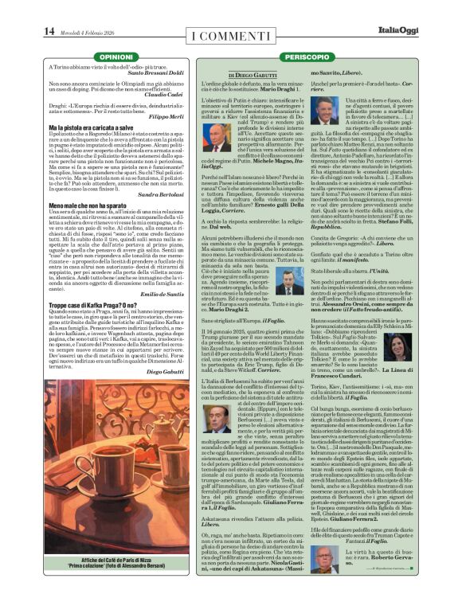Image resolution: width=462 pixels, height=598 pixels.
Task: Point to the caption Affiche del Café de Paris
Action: pos(116,542)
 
